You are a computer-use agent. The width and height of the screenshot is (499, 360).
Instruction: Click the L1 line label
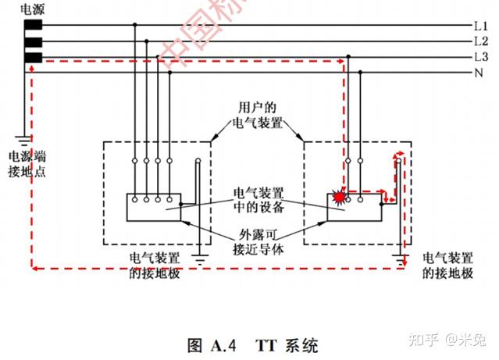tap(481, 26)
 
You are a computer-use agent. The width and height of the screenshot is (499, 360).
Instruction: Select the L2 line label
tap(481, 41)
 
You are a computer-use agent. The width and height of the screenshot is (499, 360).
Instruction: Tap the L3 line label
tap(481, 58)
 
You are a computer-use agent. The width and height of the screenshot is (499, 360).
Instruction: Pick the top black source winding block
tap(33, 25)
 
